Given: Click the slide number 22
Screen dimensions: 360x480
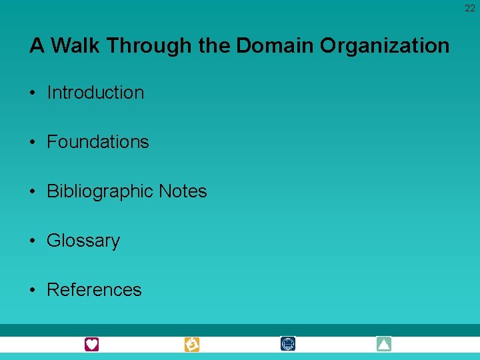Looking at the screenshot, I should (x=470, y=9).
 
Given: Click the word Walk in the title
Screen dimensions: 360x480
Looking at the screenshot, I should (x=75, y=46).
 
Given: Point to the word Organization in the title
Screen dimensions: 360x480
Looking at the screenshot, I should (x=385, y=46).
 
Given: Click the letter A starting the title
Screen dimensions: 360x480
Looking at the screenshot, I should (x=37, y=46).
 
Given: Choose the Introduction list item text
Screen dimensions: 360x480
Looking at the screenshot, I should (x=95, y=93).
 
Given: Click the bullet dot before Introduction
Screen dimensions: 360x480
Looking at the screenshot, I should (x=33, y=93).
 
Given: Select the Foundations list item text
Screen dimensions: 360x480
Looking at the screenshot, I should (x=98, y=142).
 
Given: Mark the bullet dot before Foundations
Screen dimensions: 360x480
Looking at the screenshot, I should (x=33, y=142).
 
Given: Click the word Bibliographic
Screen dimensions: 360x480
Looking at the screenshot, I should (x=100, y=191).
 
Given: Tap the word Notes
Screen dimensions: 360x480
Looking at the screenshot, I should (x=183, y=191).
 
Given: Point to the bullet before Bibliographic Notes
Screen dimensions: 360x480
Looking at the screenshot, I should (x=33, y=191).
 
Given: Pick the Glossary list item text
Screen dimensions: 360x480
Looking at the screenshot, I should (x=83, y=241).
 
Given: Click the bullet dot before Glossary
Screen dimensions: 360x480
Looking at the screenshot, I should (x=33, y=241).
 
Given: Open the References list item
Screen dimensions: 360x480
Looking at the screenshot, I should (x=94, y=290).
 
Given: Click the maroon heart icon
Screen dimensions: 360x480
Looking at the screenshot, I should (x=91, y=344).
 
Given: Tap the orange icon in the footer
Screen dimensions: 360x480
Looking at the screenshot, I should (x=192, y=344).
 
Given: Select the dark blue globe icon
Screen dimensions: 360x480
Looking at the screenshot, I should (x=288, y=344).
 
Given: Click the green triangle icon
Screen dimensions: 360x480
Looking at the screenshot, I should (x=383, y=344).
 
